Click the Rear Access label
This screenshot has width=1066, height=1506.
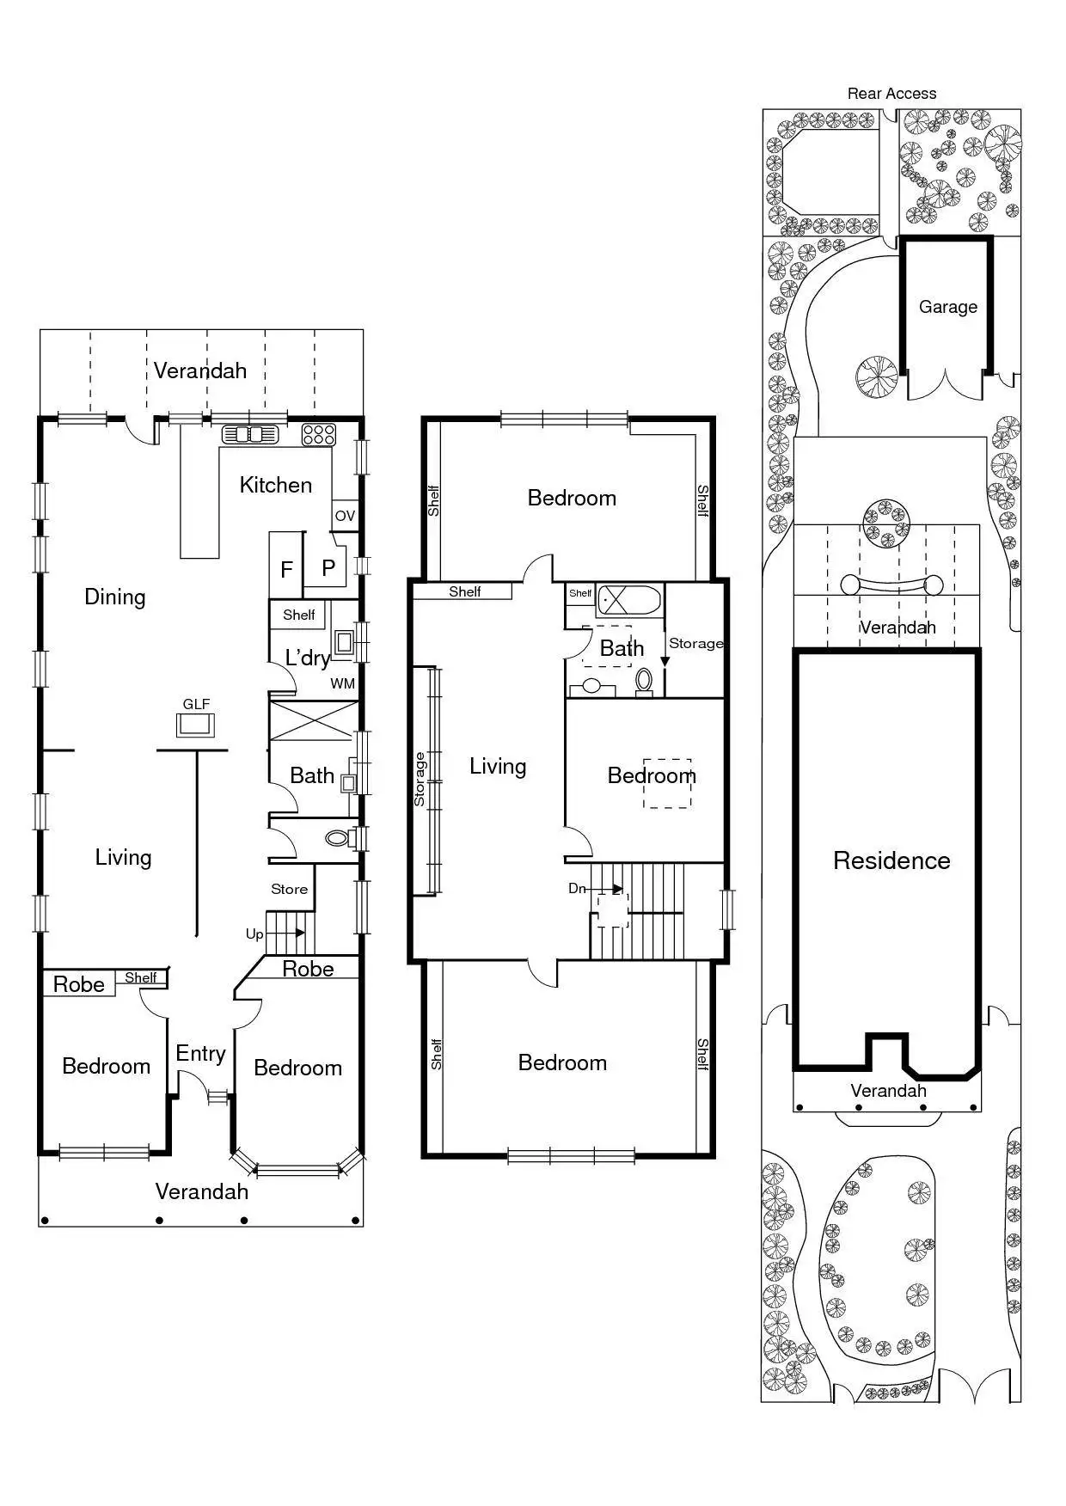click(x=891, y=94)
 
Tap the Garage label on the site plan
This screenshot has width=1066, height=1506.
click(x=947, y=307)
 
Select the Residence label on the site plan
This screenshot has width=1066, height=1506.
click(x=891, y=860)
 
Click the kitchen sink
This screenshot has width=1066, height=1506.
click(x=250, y=434)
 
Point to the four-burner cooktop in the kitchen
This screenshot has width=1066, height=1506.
click(x=318, y=434)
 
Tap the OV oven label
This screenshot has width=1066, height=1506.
click(x=345, y=516)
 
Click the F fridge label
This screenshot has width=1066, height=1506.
click(x=287, y=570)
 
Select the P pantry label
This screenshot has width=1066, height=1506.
click(x=328, y=568)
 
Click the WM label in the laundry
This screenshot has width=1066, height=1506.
click(x=342, y=684)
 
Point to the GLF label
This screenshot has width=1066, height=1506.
click(x=196, y=704)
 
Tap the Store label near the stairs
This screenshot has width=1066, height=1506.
click(x=289, y=889)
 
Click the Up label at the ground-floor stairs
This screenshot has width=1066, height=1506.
click(x=254, y=934)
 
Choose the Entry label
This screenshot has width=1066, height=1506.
click(x=200, y=1053)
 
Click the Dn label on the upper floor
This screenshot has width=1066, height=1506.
click(x=577, y=888)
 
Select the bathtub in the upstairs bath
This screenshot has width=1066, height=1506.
click(x=629, y=598)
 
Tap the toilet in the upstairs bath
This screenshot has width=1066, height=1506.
click(x=644, y=681)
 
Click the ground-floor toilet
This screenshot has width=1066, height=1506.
click(x=337, y=838)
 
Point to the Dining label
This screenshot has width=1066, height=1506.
click(x=114, y=597)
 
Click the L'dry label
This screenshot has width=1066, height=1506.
click(x=307, y=658)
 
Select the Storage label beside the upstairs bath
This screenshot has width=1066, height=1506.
click(x=695, y=643)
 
